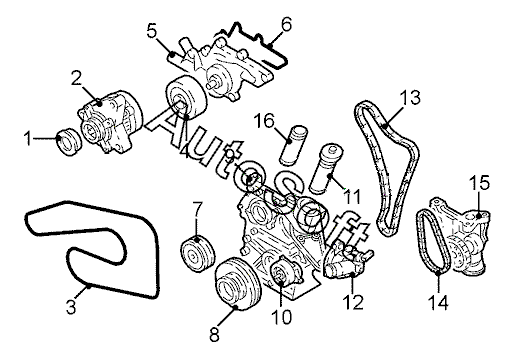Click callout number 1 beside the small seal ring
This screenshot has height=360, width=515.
tap(28, 138)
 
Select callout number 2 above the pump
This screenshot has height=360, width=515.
tap(76, 78)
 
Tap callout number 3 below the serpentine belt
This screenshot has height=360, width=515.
tap(71, 307)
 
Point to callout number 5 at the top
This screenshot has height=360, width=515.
tap(152, 31)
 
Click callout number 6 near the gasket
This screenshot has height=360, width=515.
tap(286, 24)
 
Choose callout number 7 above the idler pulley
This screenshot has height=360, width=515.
tap(197, 209)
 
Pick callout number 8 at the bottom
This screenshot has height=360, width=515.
tap(214, 334)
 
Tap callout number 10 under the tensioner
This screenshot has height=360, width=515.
tap(282, 317)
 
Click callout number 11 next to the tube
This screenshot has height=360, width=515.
tap(352, 197)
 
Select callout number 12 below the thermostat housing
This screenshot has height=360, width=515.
tap(354, 302)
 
